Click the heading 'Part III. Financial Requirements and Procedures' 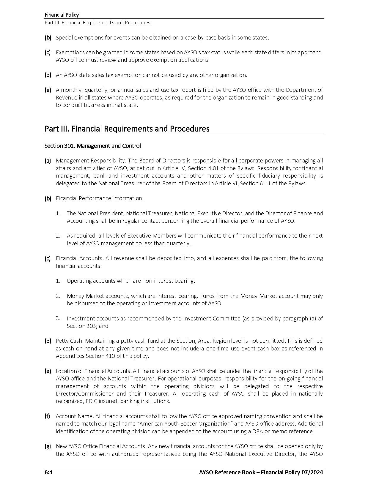127,129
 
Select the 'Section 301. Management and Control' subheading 93,146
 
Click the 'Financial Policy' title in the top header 62,15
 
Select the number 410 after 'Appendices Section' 110,356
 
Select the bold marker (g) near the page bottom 48,446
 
